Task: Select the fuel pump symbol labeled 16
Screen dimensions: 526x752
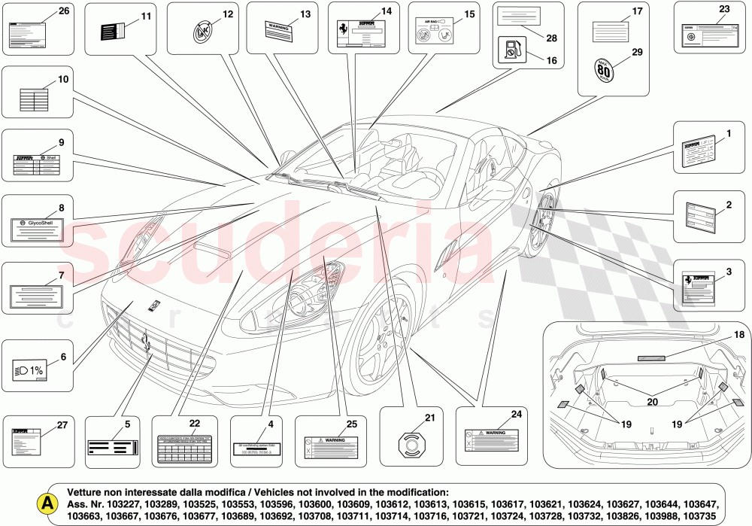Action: click(x=509, y=52)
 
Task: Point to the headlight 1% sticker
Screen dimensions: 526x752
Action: click(x=31, y=370)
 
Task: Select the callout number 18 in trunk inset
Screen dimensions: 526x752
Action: click(x=718, y=335)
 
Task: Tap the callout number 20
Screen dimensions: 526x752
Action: click(x=652, y=402)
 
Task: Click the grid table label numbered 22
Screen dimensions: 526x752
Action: click(x=184, y=448)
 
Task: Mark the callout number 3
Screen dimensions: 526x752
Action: click(x=728, y=271)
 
